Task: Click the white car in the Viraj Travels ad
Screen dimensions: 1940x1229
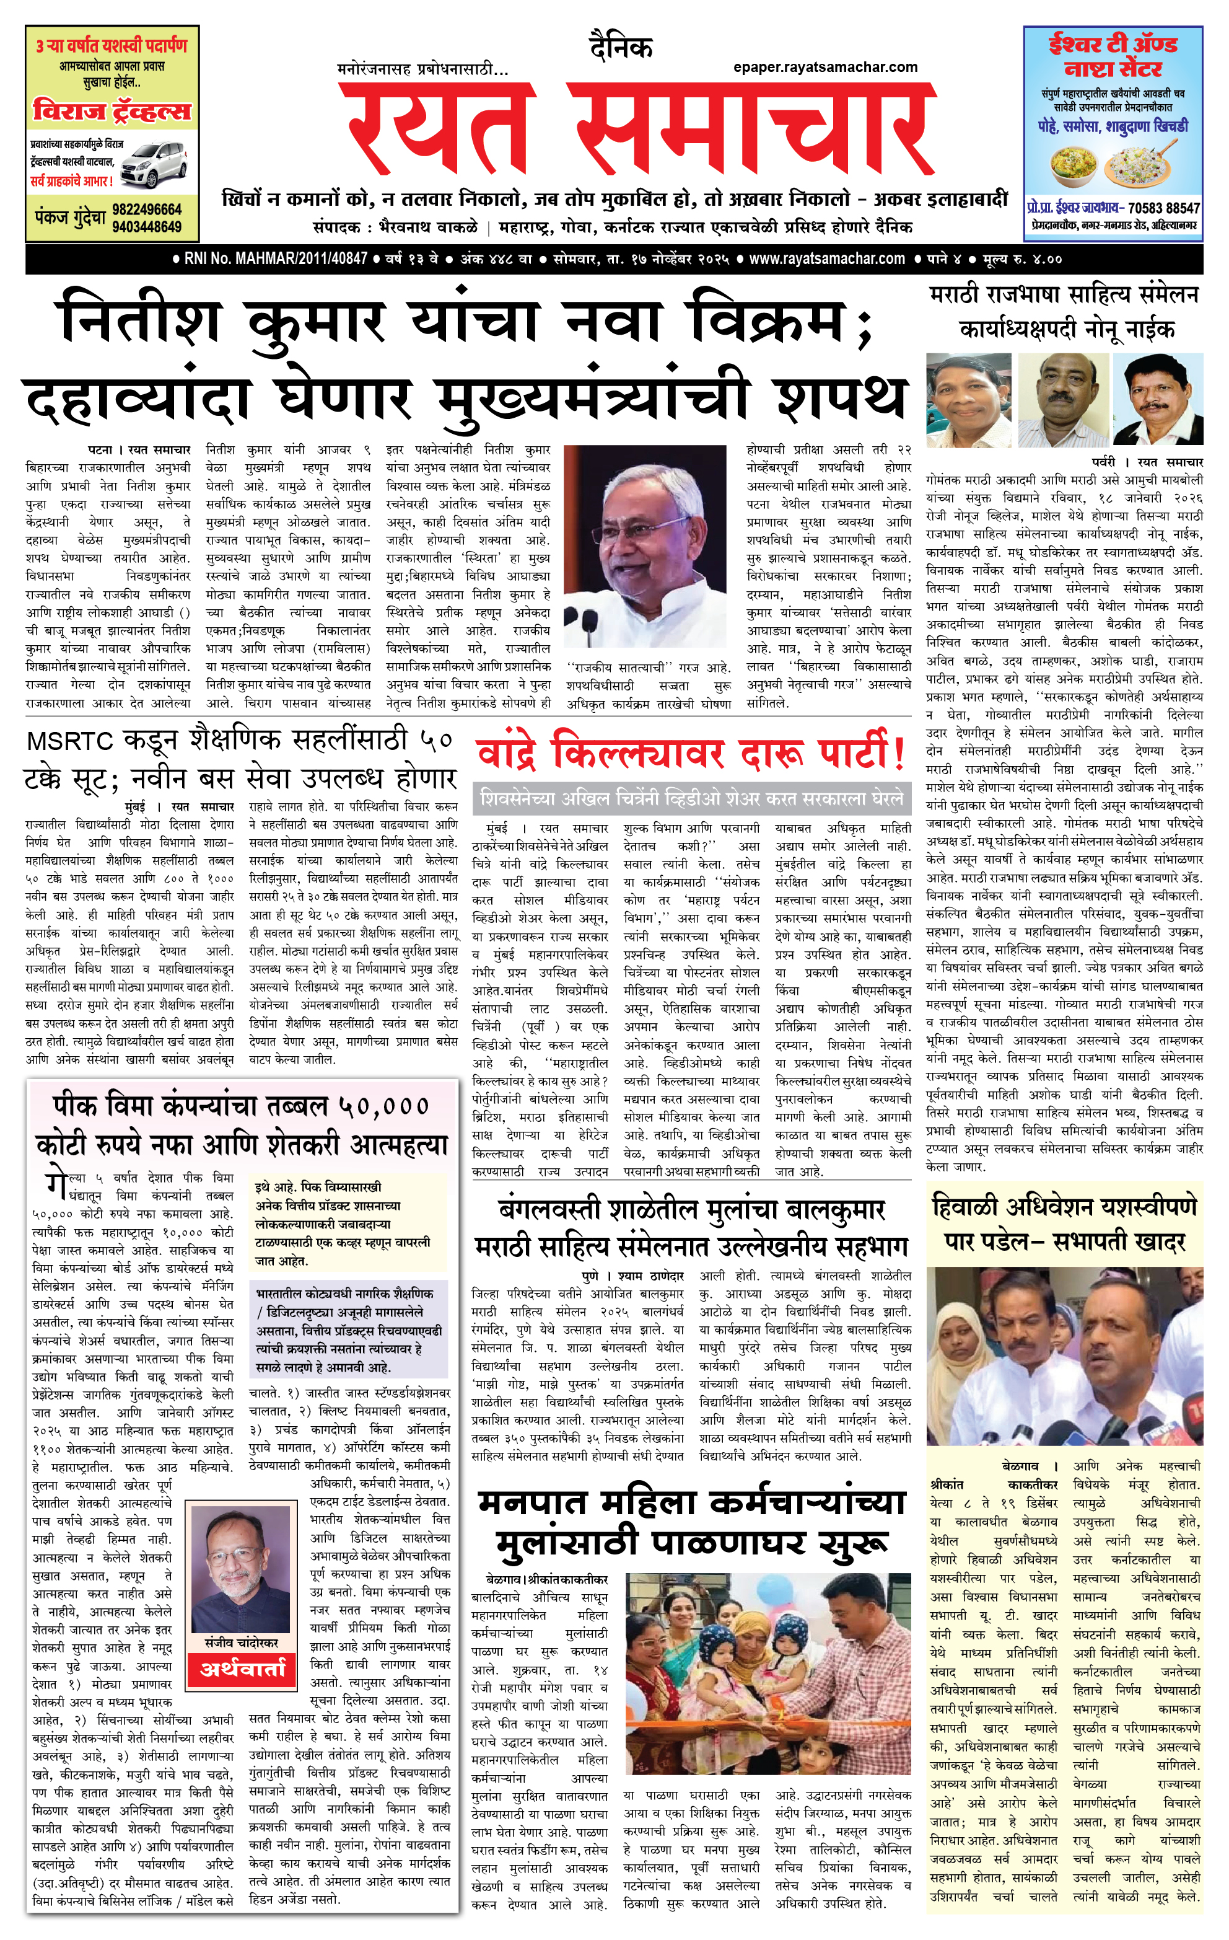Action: pos(154,164)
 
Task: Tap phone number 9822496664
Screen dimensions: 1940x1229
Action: pos(147,209)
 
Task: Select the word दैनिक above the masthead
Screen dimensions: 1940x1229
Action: pos(620,48)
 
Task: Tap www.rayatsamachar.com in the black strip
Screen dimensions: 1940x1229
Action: pos(826,260)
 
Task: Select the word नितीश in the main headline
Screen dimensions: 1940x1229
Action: pos(142,320)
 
